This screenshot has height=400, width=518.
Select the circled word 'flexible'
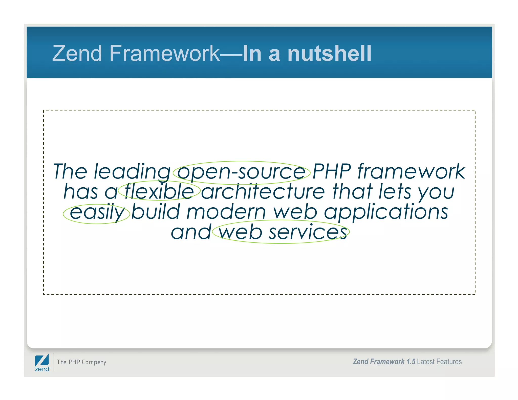click(x=159, y=191)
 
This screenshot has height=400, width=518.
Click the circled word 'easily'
click(x=97, y=212)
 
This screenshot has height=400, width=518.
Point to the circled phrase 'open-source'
click(x=241, y=172)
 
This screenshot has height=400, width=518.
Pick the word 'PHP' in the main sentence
click(x=332, y=171)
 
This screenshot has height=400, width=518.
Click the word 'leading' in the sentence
click(x=132, y=172)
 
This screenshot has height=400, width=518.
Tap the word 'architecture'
click(x=263, y=191)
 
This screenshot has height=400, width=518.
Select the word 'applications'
click(x=386, y=212)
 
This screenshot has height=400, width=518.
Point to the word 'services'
click(x=308, y=232)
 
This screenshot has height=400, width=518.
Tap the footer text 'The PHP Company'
click(x=81, y=362)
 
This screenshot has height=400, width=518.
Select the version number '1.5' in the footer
click(x=411, y=362)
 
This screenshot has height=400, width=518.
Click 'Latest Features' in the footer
click(x=439, y=362)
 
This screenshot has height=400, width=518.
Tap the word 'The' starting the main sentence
click(x=70, y=171)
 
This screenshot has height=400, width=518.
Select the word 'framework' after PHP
click(x=411, y=171)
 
